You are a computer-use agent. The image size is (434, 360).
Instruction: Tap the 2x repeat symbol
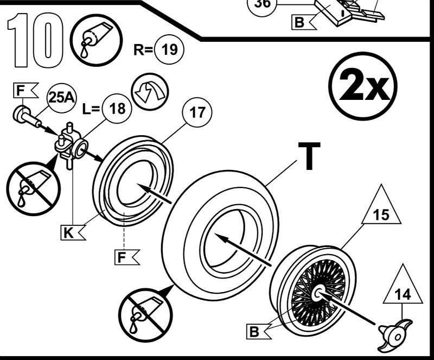(x=362, y=87)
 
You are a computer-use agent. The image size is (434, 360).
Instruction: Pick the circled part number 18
(x=115, y=108)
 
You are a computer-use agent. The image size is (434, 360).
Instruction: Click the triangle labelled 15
(x=381, y=212)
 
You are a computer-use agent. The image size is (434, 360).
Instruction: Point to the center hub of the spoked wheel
(x=317, y=294)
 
